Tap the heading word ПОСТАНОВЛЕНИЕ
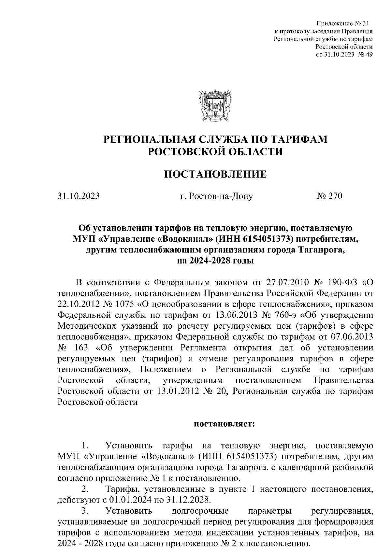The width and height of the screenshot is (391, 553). pos(215,175)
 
